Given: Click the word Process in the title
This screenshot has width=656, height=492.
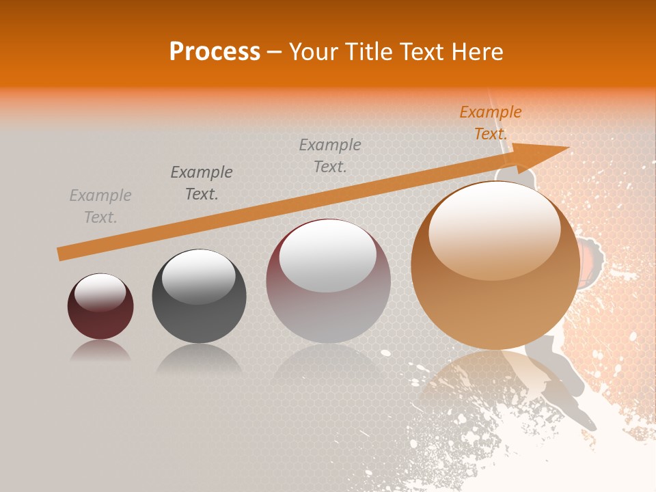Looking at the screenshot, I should click(215, 52).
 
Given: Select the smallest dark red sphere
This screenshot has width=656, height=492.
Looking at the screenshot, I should click(100, 307).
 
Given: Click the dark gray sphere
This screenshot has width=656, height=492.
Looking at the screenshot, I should click(199, 296).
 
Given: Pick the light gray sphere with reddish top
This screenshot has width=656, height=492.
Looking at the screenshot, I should click(328, 282).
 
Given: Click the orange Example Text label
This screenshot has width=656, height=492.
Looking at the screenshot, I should click(490, 123).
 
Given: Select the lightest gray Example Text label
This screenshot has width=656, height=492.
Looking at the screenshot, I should click(100, 206).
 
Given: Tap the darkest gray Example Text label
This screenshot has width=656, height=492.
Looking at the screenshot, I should click(202, 182).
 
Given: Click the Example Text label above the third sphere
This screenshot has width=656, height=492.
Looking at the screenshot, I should click(330, 155).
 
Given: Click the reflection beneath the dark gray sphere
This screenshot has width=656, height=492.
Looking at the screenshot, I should click(199, 359).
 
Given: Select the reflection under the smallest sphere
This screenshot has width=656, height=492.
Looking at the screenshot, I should click(100, 351).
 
